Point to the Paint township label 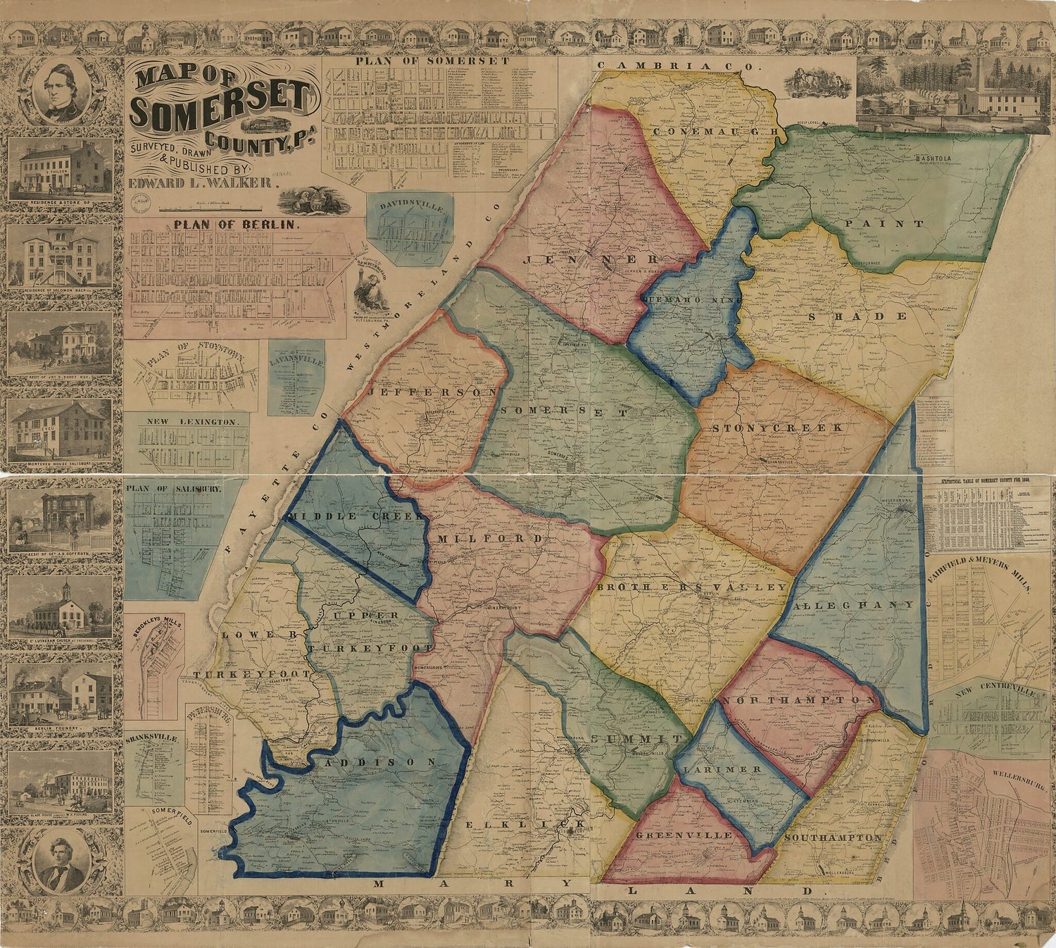tap(898, 224)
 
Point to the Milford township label tap(490, 539)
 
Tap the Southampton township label tap(832, 837)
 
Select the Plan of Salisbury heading tap(164, 488)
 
